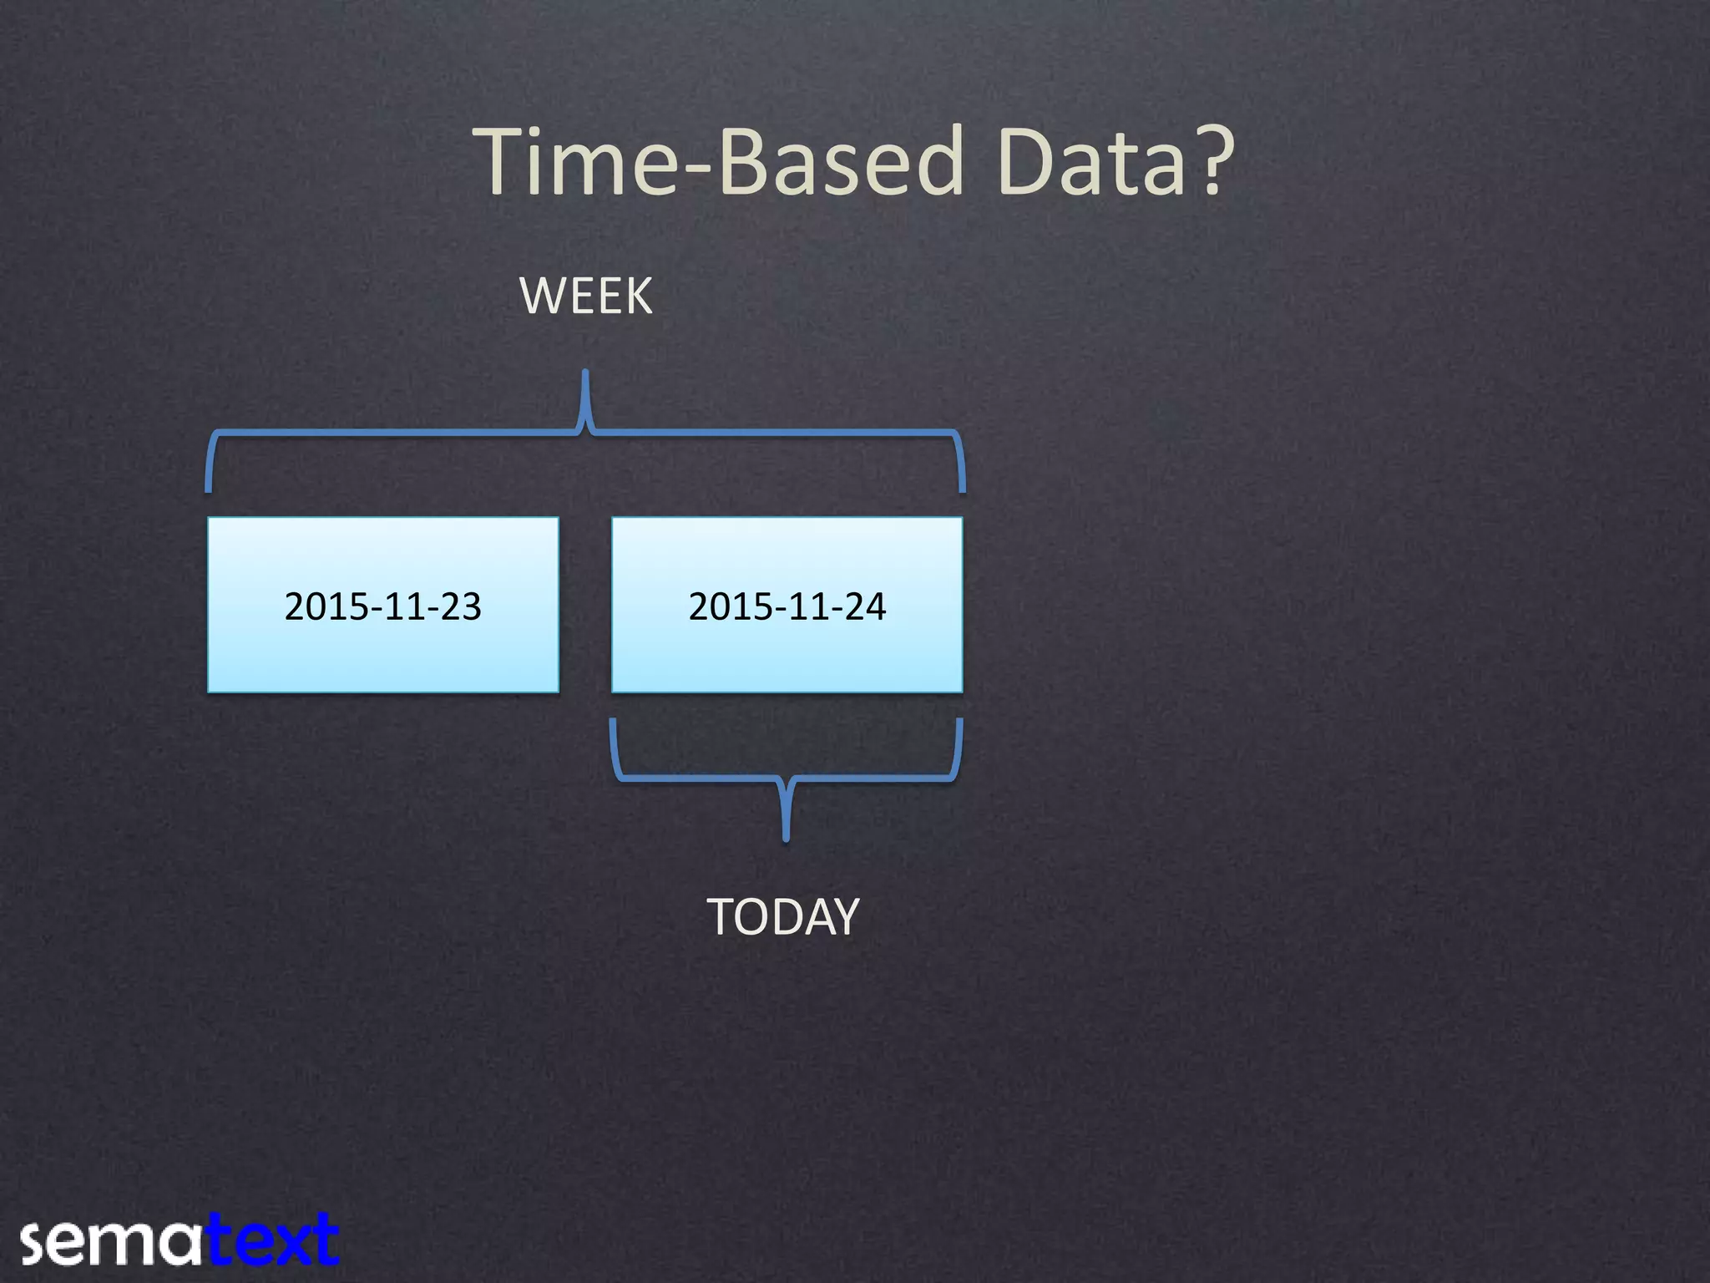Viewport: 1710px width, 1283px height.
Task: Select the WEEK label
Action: coord(586,297)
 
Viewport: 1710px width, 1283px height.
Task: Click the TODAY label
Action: coord(782,917)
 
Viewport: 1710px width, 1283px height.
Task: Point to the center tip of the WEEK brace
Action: coord(585,374)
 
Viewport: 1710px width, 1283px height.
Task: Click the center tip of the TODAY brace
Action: coord(786,838)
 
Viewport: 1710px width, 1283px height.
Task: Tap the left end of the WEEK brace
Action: coord(209,489)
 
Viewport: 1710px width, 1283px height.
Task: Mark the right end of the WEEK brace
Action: coord(963,489)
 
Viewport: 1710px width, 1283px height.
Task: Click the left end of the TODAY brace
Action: coord(613,723)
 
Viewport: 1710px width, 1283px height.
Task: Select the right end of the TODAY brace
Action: coord(960,723)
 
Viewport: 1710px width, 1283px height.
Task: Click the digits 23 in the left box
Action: coord(461,606)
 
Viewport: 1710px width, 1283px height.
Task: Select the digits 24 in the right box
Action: coord(865,606)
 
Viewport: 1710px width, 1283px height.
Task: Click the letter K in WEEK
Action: coord(637,297)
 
